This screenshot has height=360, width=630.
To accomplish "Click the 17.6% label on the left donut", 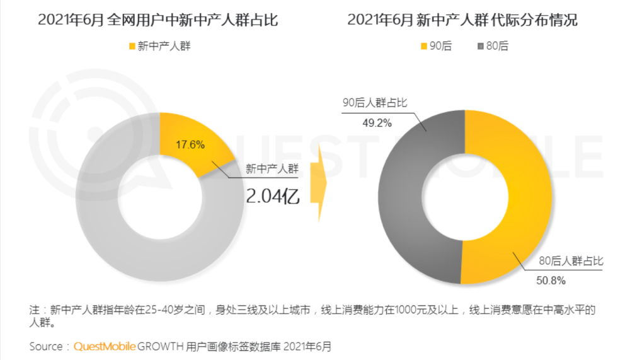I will pyautogui.click(x=190, y=144).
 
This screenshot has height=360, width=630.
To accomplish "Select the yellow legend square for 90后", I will pyautogui.click(x=423, y=45).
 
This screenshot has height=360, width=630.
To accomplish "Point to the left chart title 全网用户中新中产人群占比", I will pyautogui.click(x=157, y=20).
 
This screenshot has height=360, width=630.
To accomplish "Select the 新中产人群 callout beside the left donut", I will pyautogui.click(x=272, y=168).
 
